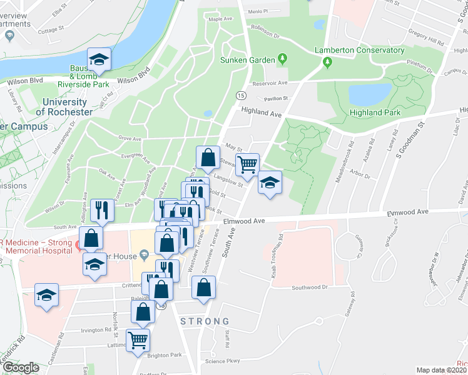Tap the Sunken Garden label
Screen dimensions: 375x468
click(x=248, y=60)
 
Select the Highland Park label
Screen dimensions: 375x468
click(x=376, y=112)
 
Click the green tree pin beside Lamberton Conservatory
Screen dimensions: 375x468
click(x=327, y=62)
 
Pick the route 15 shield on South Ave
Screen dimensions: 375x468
click(x=240, y=95)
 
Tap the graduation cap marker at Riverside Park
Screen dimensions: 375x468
click(x=99, y=60)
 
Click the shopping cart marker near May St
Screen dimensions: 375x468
click(x=248, y=164)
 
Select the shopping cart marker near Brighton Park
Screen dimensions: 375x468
click(x=138, y=341)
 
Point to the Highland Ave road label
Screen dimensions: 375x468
click(x=262, y=112)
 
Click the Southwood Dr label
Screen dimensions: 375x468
click(x=310, y=287)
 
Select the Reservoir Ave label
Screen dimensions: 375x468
click(x=270, y=82)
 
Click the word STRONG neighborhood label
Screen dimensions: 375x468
click(x=205, y=321)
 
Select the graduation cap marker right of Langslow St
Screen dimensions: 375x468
click(x=270, y=182)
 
